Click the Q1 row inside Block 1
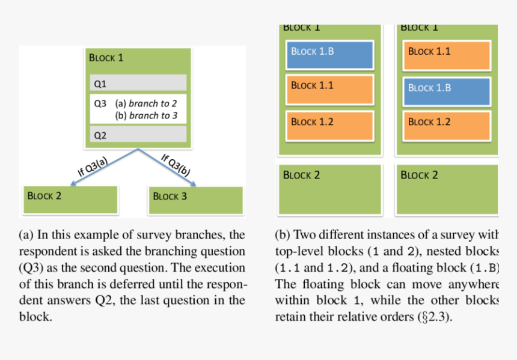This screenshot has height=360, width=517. point(138,82)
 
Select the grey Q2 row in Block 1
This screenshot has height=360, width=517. point(138,135)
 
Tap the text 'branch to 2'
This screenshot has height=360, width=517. point(153,103)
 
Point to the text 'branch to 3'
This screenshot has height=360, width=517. point(153,115)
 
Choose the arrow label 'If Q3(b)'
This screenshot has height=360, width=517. point(176,165)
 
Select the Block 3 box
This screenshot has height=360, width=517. point(195,200)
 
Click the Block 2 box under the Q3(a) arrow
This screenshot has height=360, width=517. point(70,200)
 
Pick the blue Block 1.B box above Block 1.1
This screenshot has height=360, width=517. point(329,54)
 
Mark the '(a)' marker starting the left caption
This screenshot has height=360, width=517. point(26,235)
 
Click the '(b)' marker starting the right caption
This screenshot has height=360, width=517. point(283,235)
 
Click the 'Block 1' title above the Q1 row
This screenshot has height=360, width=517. point(106,58)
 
